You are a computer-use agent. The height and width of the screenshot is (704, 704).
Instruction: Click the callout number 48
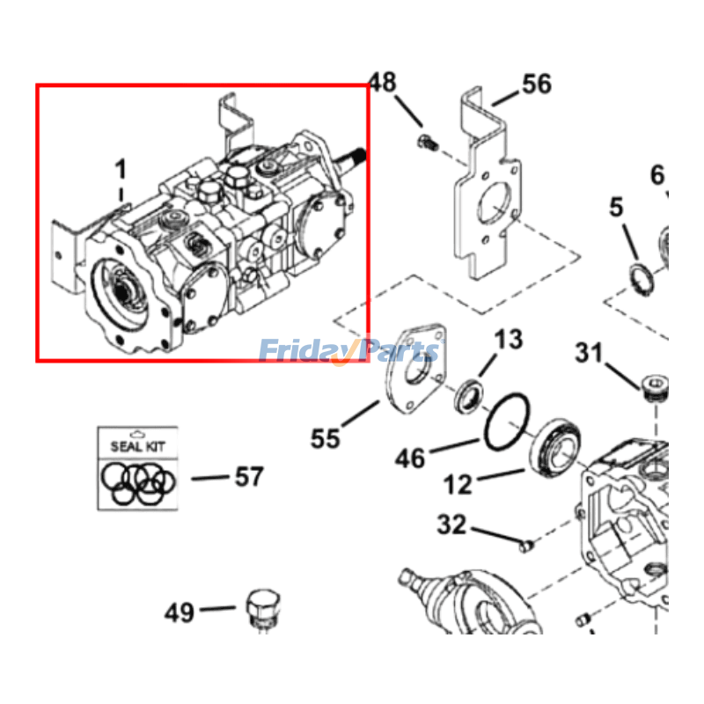tap(383, 83)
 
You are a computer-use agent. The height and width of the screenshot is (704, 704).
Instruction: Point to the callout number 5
tap(616, 208)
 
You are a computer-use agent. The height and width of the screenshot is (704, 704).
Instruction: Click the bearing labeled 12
tap(555, 448)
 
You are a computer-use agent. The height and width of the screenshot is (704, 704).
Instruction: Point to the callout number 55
tap(325, 437)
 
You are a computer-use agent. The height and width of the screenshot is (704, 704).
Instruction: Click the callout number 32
tap(451, 525)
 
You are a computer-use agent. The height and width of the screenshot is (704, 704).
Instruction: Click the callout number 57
tap(248, 477)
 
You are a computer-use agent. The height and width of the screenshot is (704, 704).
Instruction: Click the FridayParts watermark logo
tap(348, 352)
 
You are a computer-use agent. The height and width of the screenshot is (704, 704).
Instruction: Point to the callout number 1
tap(121, 166)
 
